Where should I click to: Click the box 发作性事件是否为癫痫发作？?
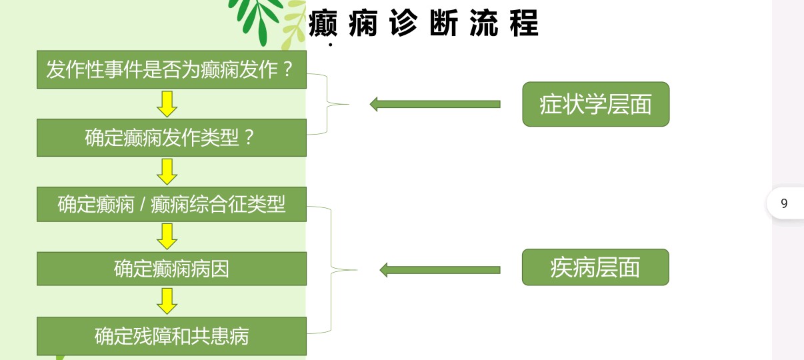pos(171,69)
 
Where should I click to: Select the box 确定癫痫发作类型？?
pos(171,138)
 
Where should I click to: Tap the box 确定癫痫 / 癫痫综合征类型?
pos(171,204)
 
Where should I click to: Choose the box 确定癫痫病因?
pos(171,269)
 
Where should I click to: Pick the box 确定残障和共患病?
pos(171,336)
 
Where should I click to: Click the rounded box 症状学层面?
pos(596,104)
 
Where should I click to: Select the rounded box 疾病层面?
pos(595,267)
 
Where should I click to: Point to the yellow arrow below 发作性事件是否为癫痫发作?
pos(167,104)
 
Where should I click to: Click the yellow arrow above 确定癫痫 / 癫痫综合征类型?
pos(167,172)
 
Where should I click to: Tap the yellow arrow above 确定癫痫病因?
pos(167,237)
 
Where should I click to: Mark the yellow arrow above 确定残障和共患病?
pos(167,301)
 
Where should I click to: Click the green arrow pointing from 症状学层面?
pos(435,104)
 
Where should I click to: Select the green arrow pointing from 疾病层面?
pos(440,270)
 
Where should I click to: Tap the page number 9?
pos(784,203)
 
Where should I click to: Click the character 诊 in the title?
pos(403,23)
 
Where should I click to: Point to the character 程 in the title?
pos(524,23)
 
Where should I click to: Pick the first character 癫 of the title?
pos(323,23)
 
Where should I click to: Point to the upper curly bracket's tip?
pos(349,105)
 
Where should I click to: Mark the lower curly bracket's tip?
pos(357,270)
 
